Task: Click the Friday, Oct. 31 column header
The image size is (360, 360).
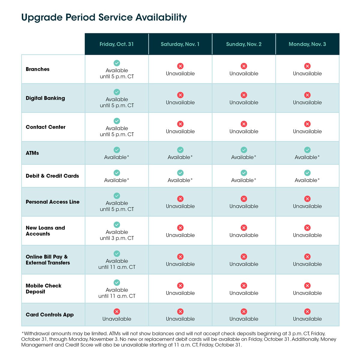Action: pyautogui.click(x=117, y=44)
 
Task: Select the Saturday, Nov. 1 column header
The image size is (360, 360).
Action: pyautogui.click(x=180, y=44)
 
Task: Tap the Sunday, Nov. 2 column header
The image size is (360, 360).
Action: pyautogui.click(x=244, y=44)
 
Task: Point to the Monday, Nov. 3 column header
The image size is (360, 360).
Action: pyautogui.click(x=307, y=44)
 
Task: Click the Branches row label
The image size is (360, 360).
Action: pyautogui.click(x=37, y=69)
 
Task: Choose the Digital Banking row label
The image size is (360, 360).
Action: pyautogui.click(x=45, y=98)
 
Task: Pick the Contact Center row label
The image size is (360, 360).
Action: pyautogui.click(x=46, y=127)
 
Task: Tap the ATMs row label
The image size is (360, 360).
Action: pyautogui.click(x=32, y=153)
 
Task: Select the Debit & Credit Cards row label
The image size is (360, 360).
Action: pyautogui.click(x=52, y=176)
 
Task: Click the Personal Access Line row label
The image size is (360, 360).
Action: pyautogui.click(x=52, y=202)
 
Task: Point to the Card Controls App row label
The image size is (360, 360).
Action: pyautogui.click(x=50, y=315)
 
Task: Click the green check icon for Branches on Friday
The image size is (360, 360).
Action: pyautogui.click(x=117, y=63)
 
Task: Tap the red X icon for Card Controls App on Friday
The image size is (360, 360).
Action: pyautogui.click(x=117, y=312)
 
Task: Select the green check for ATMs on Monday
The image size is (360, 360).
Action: pyautogui.click(x=307, y=150)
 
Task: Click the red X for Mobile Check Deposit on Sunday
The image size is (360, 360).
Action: pyautogui.click(x=244, y=286)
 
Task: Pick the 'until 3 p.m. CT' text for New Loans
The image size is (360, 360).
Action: pyautogui.click(x=117, y=238)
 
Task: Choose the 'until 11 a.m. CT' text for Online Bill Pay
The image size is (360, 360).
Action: pyautogui.click(x=117, y=267)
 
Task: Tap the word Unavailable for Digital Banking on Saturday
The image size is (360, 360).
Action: pyautogui.click(x=180, y=103)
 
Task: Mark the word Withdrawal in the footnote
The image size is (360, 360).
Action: pyautogui.click(x=36, y=334)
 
